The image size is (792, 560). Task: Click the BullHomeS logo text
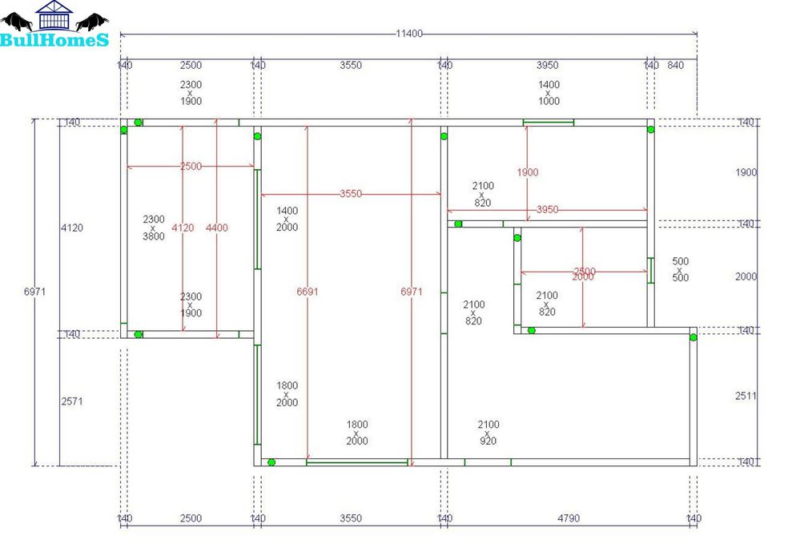tap(54, 39)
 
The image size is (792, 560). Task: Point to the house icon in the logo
tap(54, 16)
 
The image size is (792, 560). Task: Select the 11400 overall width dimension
tap(408, 34)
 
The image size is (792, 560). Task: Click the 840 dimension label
tap(675, 65)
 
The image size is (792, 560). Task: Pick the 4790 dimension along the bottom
tap(568, 518)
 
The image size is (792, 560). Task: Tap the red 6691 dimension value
tap(308, 292)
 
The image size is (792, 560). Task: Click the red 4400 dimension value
tap(216, 228)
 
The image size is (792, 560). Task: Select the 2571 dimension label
tap(72, 401)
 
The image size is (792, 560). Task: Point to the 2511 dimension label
tap(746, 396)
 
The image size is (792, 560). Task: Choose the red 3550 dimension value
tap(351, 193)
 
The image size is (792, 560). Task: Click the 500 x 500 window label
tap(680, 269)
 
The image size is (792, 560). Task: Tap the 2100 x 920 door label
tap(488, 433)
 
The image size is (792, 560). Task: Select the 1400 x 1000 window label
tap(549, 93)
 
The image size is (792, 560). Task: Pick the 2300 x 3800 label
tap(154, 228)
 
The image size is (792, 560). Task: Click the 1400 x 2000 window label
tap(287, 219)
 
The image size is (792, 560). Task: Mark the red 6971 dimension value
tap(411, 292)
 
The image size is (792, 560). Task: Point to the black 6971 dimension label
tap(35, 292)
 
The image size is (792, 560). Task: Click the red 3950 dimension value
tap(547, 209)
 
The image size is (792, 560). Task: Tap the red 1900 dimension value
tap(528, 172)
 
